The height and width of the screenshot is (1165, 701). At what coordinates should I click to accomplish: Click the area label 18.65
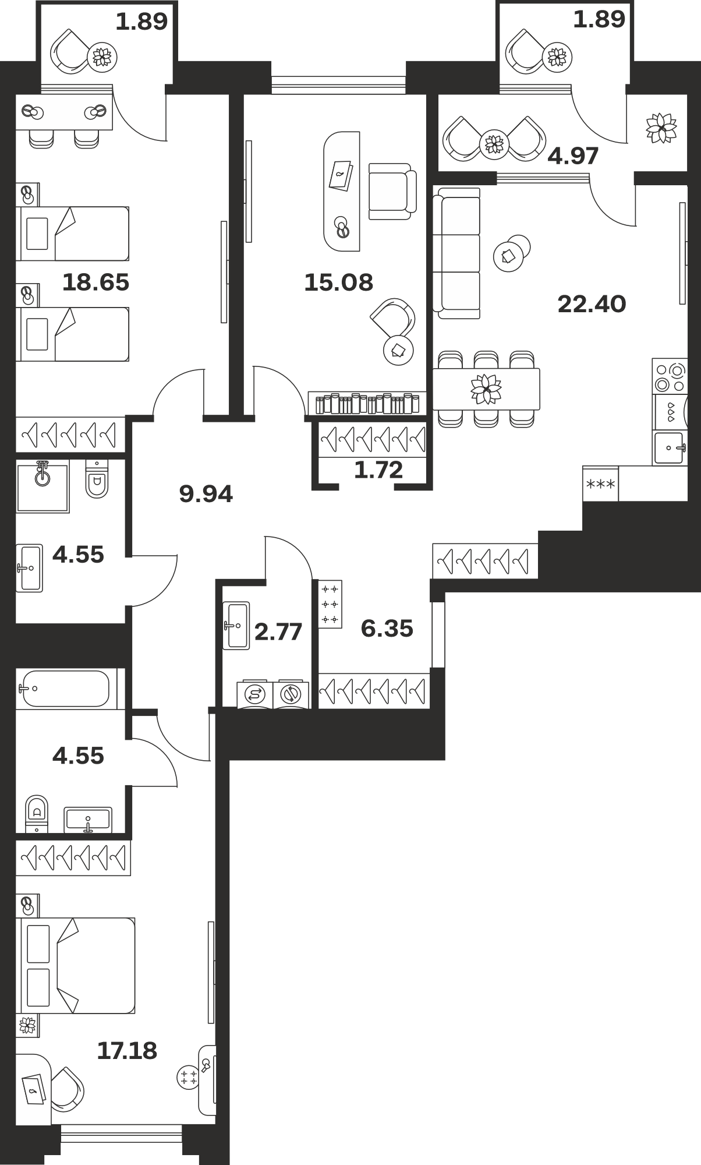coord(95,283)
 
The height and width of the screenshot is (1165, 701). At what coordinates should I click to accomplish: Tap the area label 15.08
coord(338,283)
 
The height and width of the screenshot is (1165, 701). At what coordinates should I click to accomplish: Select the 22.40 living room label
coord(592,304)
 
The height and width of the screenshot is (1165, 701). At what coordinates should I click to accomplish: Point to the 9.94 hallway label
coord(206,495)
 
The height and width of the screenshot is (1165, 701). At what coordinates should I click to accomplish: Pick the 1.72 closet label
coord(378,469)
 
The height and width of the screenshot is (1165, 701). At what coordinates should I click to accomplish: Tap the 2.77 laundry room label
coord(278,631)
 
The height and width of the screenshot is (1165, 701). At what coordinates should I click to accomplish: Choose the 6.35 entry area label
coord(387,629)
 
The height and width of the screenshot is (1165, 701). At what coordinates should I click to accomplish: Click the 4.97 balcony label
coord(573,156)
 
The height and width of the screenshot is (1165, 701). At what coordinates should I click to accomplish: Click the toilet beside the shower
coord(97,479)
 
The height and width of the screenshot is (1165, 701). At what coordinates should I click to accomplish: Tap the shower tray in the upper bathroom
coord(43,486)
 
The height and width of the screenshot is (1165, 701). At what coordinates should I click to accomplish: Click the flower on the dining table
coord(486,389)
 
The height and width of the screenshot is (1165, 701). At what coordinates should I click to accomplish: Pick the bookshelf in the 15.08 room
coord(367,403)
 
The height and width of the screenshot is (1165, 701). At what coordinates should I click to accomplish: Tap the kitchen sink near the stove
coord(669,448)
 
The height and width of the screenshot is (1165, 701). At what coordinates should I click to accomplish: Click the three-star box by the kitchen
coord(600,483)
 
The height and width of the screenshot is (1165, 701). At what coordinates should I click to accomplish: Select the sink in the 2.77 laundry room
coord(236,625)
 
